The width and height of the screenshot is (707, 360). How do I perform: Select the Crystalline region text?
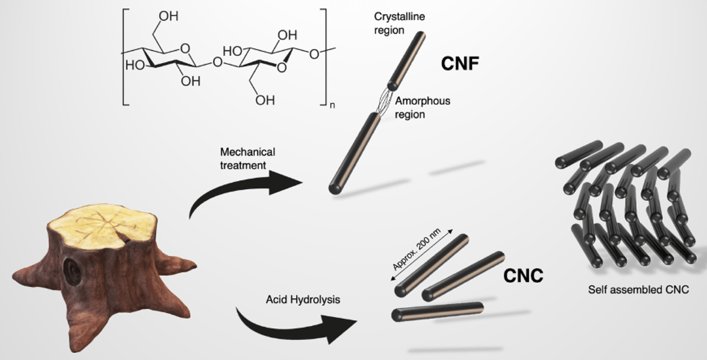pos(399,23)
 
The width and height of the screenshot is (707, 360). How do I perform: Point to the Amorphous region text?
pos(422,107)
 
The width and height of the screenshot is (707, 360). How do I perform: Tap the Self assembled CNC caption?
pos(639,290)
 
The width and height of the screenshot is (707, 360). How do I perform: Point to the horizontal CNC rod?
pos(437,310)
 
